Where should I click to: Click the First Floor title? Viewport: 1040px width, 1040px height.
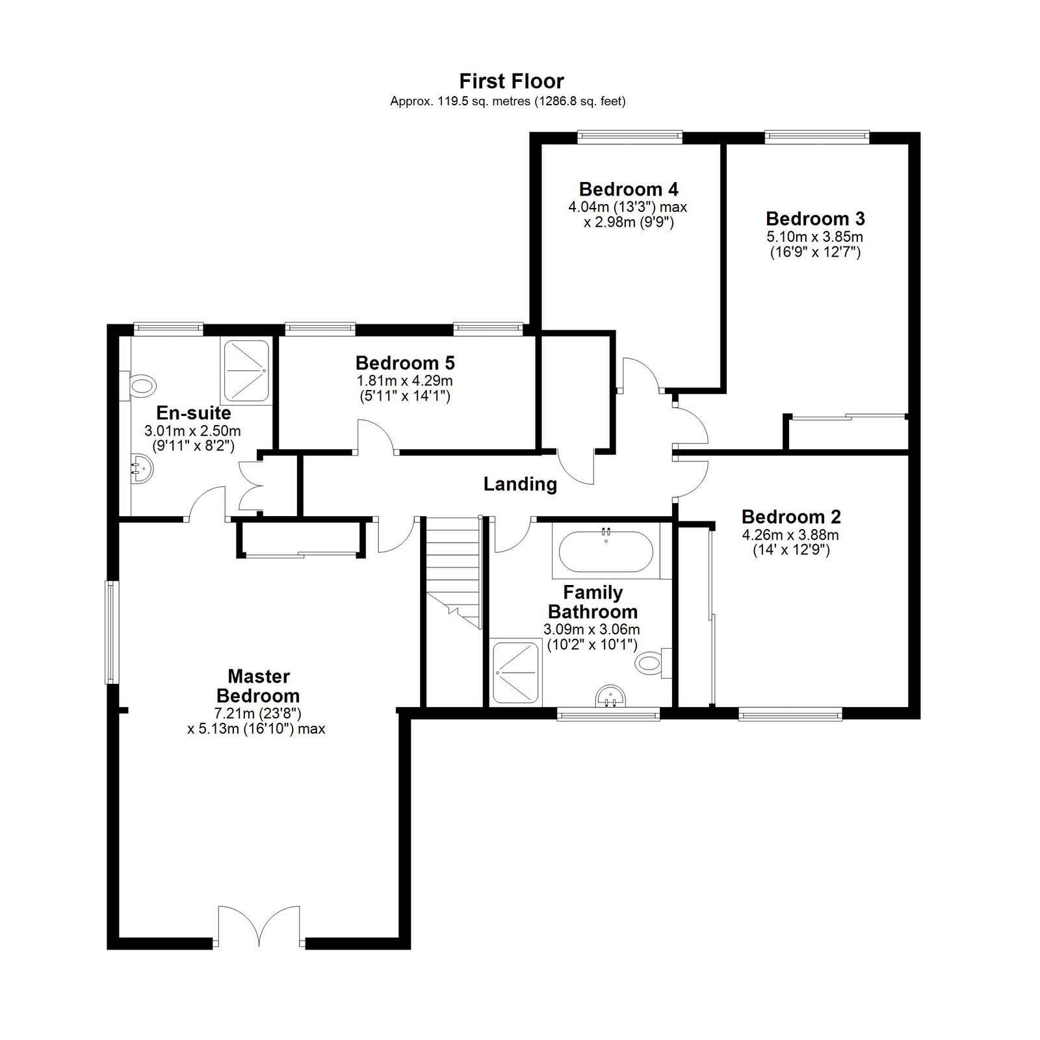[x=512, y=81]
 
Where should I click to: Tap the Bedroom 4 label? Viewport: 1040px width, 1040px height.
[x=629, y=189]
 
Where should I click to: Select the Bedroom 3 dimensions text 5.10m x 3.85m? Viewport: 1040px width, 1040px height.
[x=815, y=237]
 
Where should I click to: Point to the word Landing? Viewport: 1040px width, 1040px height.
[x=520, y=484]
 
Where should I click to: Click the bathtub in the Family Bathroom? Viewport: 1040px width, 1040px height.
[x=606, y=552]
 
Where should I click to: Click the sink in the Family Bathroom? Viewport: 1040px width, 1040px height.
[x=611, y=696]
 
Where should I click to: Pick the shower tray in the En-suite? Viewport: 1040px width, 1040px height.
[x=247, y=370]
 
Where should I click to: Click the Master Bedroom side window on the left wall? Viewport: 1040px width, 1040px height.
[x=111, y=632]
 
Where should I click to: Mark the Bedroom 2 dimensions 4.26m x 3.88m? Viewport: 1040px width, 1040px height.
[x=791, y=536]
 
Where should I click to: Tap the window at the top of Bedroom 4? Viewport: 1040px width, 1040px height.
[x=630, y=136]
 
